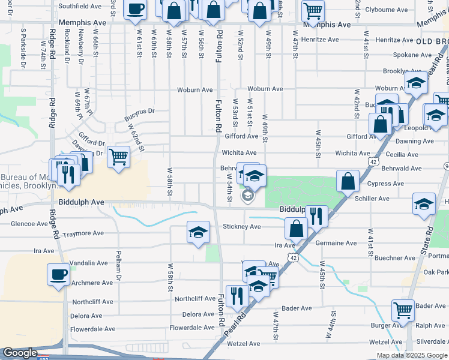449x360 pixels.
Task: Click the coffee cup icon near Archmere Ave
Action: click(x=59, y=275)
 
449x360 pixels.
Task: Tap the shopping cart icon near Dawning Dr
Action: click(x=118, y=157)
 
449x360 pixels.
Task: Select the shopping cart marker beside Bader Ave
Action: click(x=403, y=310)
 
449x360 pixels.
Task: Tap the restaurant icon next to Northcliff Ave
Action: click(x=237, y=295)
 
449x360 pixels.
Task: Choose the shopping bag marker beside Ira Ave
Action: click(x=296, y=228)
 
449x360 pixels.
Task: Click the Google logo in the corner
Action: click(x=20, y=353)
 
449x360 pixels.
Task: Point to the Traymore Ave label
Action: click(x=83, y=233)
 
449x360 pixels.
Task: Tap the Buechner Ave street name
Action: click(x=394, y=258)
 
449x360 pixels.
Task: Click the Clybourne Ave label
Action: click(x=387, y=10)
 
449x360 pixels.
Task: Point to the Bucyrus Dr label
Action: click(x=140, y=112)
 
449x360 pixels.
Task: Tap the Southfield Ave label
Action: click(x=80, y=6)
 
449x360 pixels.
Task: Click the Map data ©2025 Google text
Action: click(x=412, y=355)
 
